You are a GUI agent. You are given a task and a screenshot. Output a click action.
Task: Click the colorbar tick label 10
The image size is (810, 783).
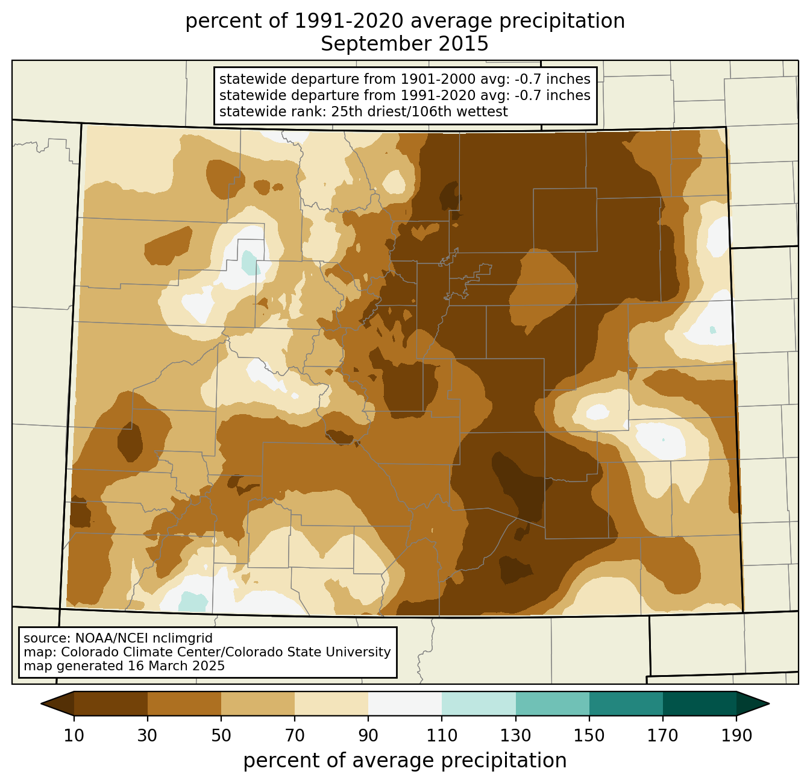coord(74,735)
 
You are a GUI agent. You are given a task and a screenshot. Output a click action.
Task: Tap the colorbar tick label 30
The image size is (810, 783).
coord(147,735)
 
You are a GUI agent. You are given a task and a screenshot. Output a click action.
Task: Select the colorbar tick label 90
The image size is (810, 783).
coord(368,735)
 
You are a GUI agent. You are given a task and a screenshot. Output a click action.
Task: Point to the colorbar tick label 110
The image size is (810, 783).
coord(442,735)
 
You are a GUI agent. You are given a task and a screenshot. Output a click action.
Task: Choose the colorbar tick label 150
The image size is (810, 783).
coord(589,735)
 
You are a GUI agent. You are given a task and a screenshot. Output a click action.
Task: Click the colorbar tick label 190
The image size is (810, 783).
coord(736,735)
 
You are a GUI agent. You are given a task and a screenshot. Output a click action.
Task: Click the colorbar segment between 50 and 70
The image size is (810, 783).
coord(258,703)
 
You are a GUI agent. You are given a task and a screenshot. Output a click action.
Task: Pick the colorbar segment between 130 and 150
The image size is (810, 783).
coord(552,703)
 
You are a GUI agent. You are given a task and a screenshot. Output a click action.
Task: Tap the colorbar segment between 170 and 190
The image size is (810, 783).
coord(700,703)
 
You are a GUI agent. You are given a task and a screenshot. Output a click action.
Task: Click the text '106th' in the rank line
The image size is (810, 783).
coord(422,112)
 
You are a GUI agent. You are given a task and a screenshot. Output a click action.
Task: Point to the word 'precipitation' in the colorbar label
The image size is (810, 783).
coord(503,761)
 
